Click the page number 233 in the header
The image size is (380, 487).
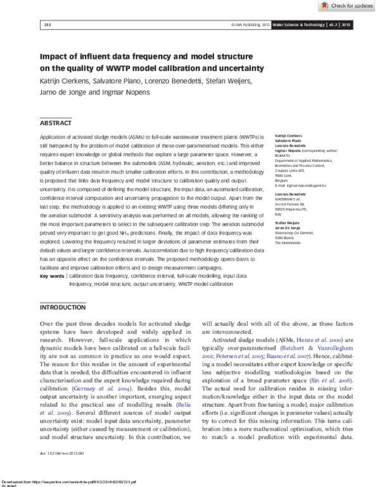[47, 25]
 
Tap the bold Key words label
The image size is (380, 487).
[52, 276]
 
